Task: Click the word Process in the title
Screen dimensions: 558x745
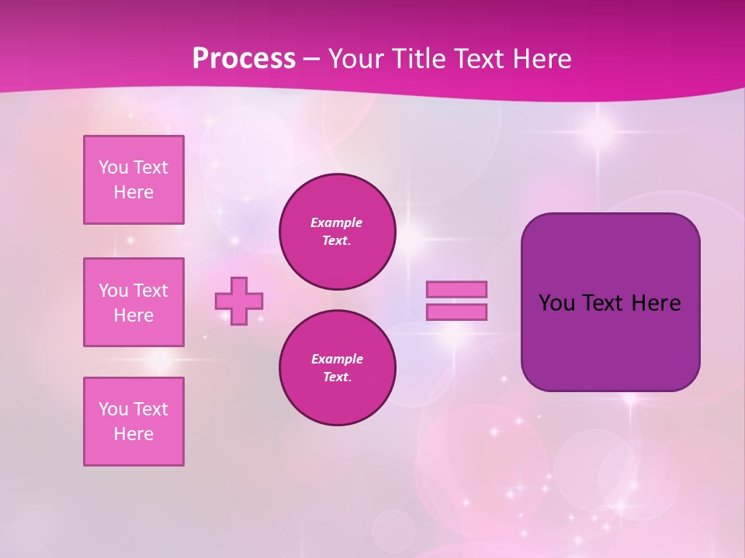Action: coord(244,59)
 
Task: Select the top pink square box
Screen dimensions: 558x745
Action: coord(133,180)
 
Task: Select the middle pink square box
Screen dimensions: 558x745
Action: coord(133,302)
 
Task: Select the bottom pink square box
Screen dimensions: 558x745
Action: coord(133,422)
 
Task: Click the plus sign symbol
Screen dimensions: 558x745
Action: coord(239,301)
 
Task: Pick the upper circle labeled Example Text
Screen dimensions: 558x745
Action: coord(337,232)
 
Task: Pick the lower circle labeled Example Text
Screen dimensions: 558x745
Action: coord(337,368)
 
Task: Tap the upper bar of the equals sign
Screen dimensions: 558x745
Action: coord(457,290)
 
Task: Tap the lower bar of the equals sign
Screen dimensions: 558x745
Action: coord(457,312)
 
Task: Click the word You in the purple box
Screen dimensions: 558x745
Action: coord(556,303)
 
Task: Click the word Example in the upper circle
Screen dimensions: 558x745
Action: coord(337,222)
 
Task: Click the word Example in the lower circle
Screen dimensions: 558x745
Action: coord(337,359)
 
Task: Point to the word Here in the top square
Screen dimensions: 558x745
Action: coord(133,192)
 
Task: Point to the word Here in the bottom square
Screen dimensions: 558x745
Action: coord(133,434)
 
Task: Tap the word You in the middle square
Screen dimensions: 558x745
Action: coord(113,291)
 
